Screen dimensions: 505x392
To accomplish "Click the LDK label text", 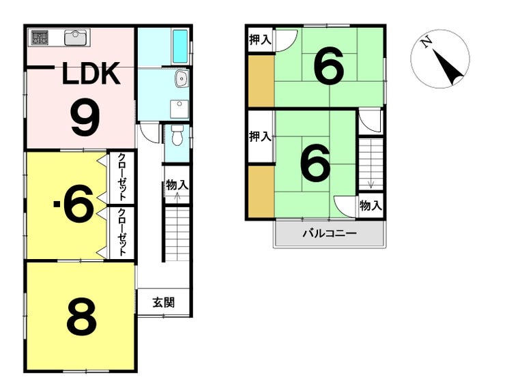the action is (x=91, y=74).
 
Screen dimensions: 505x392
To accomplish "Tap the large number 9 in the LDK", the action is (x=86, y=117).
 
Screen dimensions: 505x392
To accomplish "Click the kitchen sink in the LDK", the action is (x=76, y=37).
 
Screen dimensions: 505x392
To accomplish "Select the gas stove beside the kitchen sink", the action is (x=40, y=37).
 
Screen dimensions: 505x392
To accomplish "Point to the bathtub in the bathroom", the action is (x=179, y=46).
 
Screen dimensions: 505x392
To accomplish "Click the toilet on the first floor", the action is (x=177, y=134).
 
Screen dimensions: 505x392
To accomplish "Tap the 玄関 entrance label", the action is (x=164, y=303).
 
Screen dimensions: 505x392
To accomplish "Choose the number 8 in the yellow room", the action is (x=81, y=316).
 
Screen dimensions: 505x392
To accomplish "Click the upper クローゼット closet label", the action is (x=121, y=177).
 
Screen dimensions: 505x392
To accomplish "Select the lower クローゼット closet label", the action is (x=121, y=232).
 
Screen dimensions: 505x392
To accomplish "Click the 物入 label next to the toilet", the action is (x=177, y=185).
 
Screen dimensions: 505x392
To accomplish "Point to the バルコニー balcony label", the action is (x=330, y=233).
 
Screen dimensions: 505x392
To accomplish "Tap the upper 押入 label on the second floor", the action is (x=260, y=40).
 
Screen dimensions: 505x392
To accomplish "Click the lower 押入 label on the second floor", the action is (x=260, y=136).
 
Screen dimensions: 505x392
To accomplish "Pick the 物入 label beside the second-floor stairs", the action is (x=371, y=205).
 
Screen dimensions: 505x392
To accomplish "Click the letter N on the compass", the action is (x=427, y=42).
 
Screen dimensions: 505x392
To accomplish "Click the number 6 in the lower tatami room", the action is (x=315, y=162).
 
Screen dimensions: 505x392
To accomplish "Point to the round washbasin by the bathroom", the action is (x=181, y=79).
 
